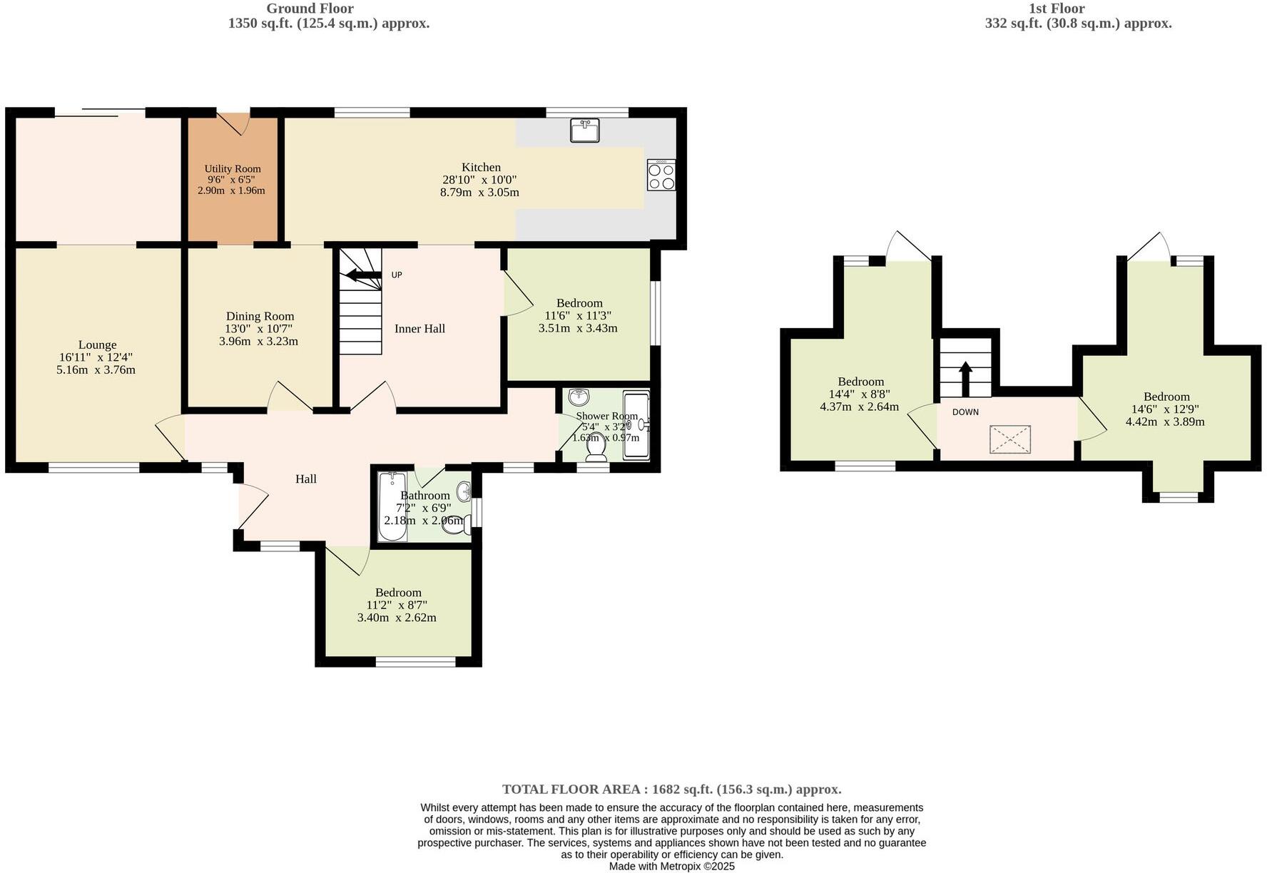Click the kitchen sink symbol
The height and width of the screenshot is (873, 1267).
(x=584, y=131)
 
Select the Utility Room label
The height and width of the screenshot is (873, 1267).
(x=233, y=169)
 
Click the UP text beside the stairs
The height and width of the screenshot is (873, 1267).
(x=397, y=275)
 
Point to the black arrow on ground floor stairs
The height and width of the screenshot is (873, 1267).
(x=363, y=275)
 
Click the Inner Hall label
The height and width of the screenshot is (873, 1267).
(x=419, y=329)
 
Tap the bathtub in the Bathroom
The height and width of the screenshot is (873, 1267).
(x=392, y=506)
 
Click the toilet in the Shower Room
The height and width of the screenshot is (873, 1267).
(x=594, y=446)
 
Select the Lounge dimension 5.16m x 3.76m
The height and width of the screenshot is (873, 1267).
(x=96, y=369)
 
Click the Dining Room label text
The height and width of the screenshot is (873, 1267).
(x=260, y=316)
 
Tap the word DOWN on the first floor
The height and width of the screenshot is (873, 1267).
(x=965, y=412)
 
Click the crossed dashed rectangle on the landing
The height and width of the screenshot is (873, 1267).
(x=1010, y=439)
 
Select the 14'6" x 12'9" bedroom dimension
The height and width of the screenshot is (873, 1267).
(x=1166, y=409)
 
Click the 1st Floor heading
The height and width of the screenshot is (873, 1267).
(x=1057, y=9)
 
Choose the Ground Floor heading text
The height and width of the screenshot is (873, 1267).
(x=310, y=9)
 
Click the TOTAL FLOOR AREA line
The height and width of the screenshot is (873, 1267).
(x=671, y=789)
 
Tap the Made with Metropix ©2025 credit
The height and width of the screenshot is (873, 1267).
(x=671, y=867)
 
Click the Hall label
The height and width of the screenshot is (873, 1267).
(x=306, y=479)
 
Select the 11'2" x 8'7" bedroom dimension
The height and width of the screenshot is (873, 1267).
(x=397, y=605)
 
